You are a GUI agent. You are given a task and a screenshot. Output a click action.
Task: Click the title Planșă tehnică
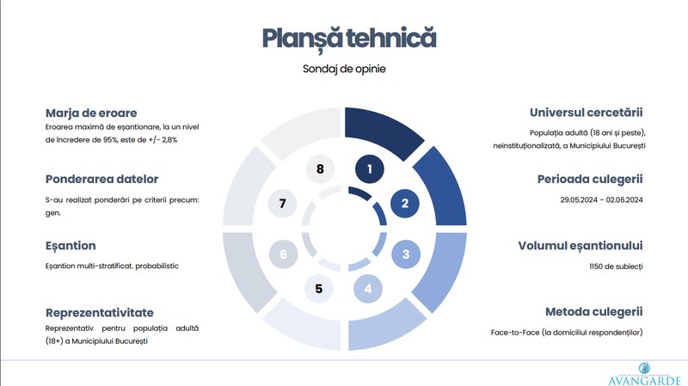(x=349, y=40)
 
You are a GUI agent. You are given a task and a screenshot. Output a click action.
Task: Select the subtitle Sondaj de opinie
(x=344, y=69)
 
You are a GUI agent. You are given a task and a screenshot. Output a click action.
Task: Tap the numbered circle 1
(x=370, y=168)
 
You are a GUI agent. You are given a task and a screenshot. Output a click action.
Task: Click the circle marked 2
(x=404, y=203)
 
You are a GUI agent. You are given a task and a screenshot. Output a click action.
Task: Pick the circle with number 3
(x=406, y=254)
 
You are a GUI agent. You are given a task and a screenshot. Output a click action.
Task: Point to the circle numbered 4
(x=368, y=289)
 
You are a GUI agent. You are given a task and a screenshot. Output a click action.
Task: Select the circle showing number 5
(x=319, y=289)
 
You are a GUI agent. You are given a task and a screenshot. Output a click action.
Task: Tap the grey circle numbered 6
(x=284, y=254)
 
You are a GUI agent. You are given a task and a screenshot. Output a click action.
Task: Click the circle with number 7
(x=283, y=203)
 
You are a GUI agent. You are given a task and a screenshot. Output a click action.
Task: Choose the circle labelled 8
(x=320, y=168)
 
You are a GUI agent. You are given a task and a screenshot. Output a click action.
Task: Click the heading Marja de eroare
(x=91, y=113)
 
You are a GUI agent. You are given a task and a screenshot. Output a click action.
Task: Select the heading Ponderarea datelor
(x=101, y=179)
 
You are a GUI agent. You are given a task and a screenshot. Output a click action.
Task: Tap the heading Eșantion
(x=71, y=246)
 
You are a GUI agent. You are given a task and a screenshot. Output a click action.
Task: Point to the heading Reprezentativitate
(x=100, y=313)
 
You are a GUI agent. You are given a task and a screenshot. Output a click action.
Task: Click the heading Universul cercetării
(x=587, y=113)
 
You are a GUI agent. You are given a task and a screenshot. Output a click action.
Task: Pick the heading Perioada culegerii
(x=590, y=179)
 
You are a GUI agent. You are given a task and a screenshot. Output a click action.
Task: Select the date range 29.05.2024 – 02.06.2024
(x=601, y=200)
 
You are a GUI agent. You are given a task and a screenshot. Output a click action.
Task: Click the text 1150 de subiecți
(x=616, y=267)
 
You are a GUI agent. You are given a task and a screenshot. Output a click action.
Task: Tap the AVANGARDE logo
(x=644, y=374)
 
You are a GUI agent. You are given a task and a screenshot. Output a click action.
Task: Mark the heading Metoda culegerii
(x=594, y=312)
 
